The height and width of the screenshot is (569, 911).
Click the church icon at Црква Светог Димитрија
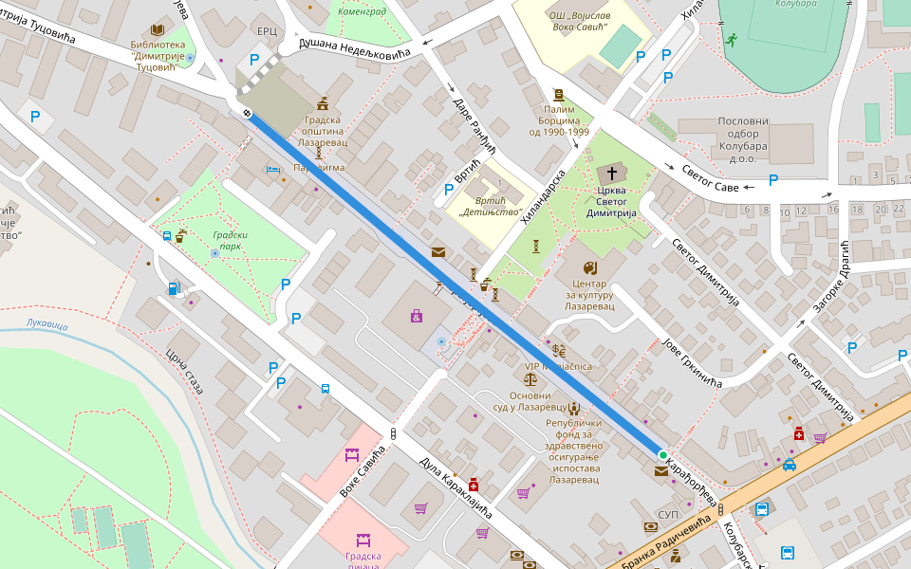(612, 174)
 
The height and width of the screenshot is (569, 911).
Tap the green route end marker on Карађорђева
(662, 455)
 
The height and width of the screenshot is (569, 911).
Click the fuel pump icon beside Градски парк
(174, 287)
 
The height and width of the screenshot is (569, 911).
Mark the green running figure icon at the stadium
(730, 40)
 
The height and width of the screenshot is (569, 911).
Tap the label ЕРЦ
(267, 31)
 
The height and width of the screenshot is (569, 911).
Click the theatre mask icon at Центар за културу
(589, 267)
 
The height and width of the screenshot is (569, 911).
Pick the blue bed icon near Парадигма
(274, 170)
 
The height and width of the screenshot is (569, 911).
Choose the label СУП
(668, 514)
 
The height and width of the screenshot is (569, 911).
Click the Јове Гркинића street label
(693, 363)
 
